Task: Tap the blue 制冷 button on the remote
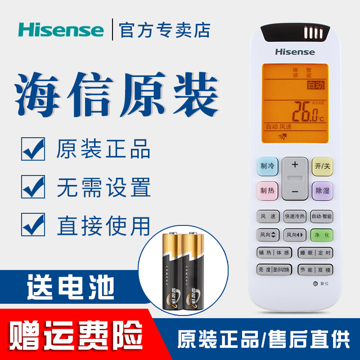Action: (x=268, y=166)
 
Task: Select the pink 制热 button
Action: (x=268, y=190)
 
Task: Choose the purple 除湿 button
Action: (x=322, y=190)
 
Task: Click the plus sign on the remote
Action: (x=295, y=165)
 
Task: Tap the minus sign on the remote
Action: (x=295, y=192)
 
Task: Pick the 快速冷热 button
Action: (x=295, y=216)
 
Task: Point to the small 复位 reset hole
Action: (x=315, y=284)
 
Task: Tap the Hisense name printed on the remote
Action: (x=295, y=52)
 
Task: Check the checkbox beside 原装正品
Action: (x=33, y=149)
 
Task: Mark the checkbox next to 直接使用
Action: (x=33, y=225)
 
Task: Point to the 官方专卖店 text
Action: (x=165, y=30)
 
